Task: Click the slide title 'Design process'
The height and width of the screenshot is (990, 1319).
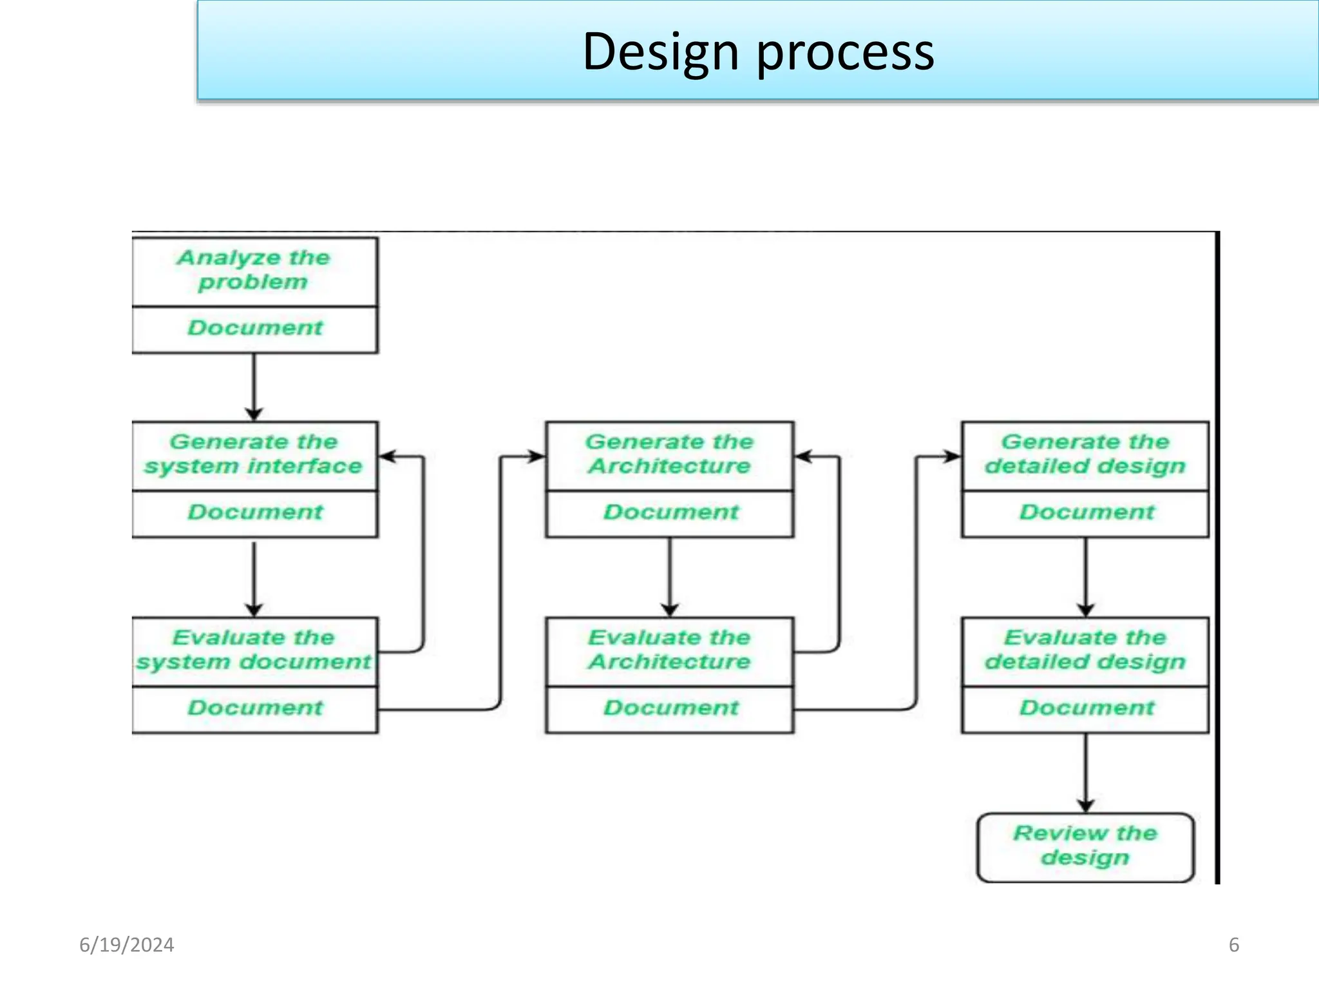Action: (x=758, y=52)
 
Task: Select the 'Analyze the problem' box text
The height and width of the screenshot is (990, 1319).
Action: (x=254, y=270)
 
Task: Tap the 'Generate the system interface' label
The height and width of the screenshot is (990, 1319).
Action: (x=254, y=454)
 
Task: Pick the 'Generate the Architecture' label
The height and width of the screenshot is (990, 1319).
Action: (x=670, y=454)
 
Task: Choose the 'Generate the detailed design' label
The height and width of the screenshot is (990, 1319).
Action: (x=1085, y=454)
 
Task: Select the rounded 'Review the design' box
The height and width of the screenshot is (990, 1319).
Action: (x=1085, y=846)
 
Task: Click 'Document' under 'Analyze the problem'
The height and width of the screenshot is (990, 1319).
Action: (x=255, y=328)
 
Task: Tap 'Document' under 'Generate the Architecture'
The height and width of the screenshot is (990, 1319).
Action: (x=670, y=512)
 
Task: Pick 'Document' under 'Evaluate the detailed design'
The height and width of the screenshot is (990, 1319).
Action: (x=1087, y=708)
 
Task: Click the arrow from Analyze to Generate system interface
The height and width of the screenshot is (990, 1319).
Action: (x=254, y=387)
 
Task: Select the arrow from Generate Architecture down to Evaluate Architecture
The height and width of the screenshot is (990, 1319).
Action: (x=670, y=577)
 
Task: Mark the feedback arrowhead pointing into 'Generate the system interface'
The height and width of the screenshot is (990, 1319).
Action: (x=387, y=456)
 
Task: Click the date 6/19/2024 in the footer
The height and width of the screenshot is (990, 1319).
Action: (x=127, y=945)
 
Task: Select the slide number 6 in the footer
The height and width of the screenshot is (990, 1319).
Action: (x=1233, y=945)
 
